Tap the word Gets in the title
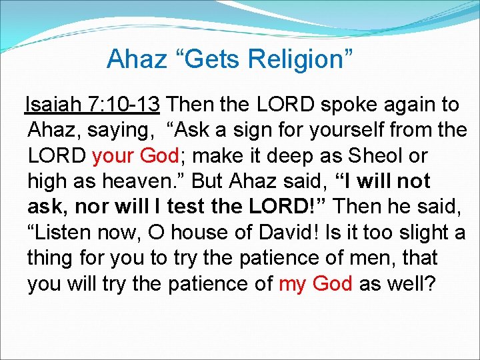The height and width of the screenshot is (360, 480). point(213,59)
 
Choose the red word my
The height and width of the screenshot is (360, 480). point(291,283)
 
